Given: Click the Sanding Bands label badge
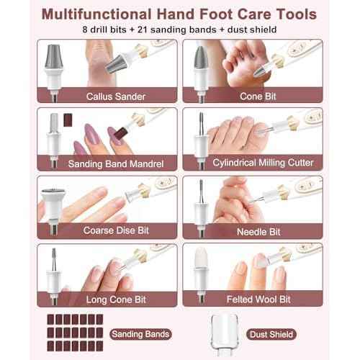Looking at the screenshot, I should tap(141, 333).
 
